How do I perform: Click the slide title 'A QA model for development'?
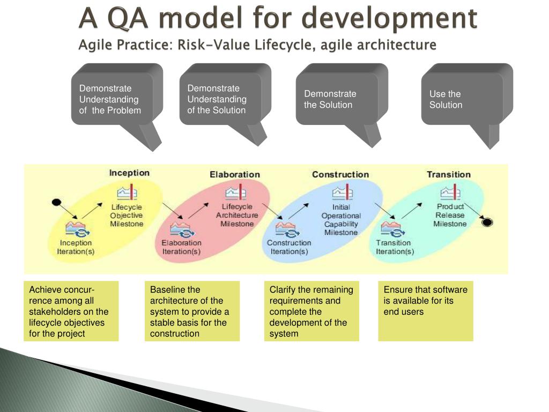pos(278,18)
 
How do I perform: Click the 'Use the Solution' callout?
pos(462,99)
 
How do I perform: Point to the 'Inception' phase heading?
pos(129,173)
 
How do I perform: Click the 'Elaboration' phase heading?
pos(234,174)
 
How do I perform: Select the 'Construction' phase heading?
pos(340,174)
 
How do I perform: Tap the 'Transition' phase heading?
pos(448,174)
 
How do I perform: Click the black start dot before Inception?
pos(56,202)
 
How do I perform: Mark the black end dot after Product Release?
pos(487,222)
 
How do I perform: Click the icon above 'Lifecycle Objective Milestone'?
pos(127,193)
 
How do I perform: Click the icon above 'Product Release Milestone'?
pos(449,192)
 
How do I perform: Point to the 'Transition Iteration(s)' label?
pos(395,247)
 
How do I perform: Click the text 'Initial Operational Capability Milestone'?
pos(341,219)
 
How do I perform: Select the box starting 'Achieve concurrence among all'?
pos(71,311)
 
